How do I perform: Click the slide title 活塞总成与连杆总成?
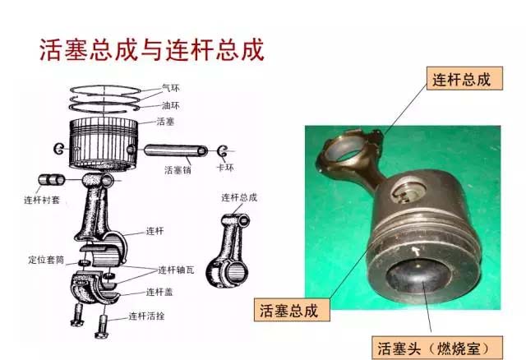(x=152, y=50)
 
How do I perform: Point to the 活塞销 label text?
(x=178, y=170)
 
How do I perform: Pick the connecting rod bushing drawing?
(x=50, y=179)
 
